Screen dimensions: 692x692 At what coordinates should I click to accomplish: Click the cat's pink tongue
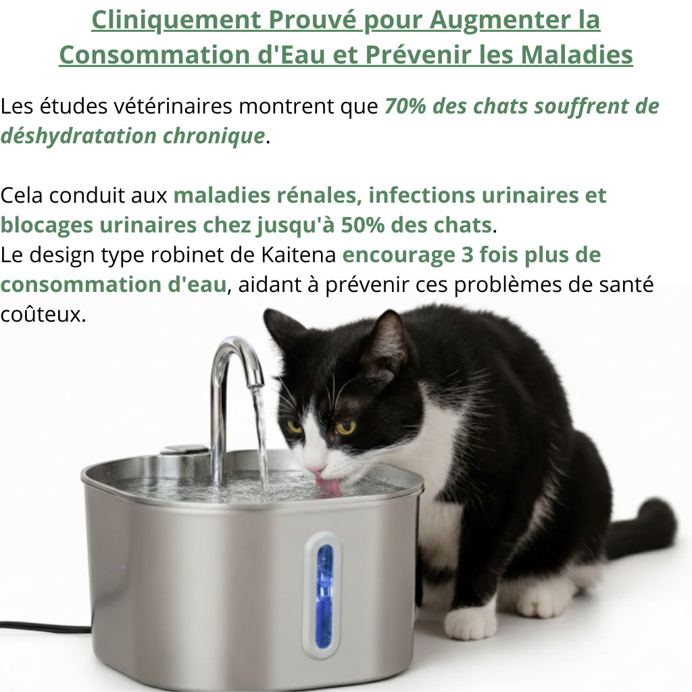click(x=329, y=485)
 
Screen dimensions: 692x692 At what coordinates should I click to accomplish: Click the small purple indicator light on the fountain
click(x=123, y=566)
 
